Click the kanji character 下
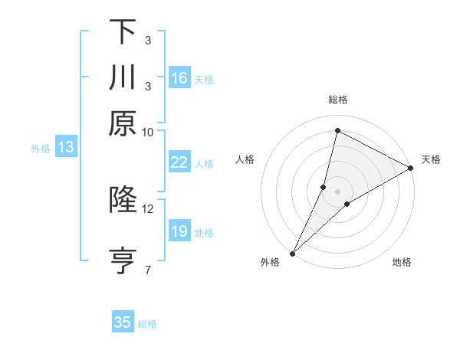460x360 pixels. point(123,31)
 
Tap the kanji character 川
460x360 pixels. point(123,77)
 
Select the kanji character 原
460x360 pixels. point(123,123)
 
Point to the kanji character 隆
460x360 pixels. point(123,200)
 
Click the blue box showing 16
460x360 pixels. point(179,78)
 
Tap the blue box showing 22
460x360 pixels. point(179,162)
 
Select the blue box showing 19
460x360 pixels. point(179,231)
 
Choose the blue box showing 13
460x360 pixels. point(65,147)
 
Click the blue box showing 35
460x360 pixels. point(123,322)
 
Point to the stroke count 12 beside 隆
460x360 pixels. point(148,208)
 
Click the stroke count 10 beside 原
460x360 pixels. point(148,132)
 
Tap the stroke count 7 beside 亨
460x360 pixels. point(148,270)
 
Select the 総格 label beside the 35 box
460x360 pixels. point(147,324)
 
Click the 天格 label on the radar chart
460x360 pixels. point(431,159)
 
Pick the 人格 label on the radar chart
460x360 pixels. point(245,159)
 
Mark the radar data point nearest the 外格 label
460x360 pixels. point(293,253)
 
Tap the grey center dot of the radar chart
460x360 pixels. point(337,191)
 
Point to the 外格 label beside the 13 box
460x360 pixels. point(41,149)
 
